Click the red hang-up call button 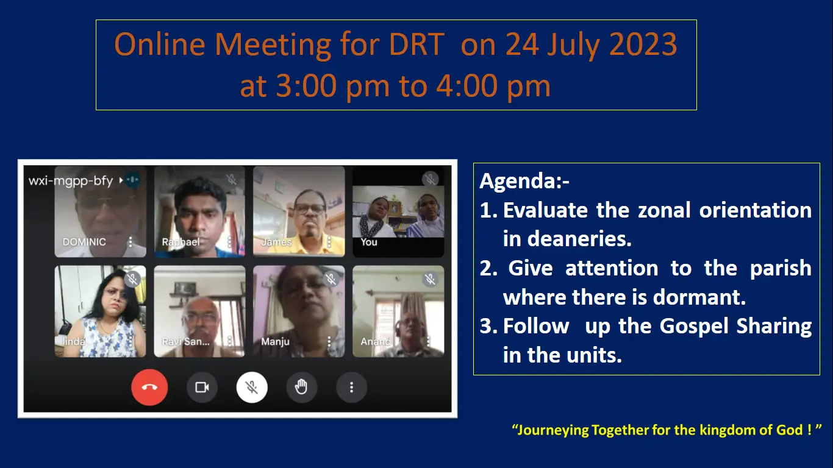pos(149,388)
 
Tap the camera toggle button pos(202,388)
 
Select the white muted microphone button pos(252,388)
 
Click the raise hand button pos(301,388)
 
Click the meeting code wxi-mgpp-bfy pos(71,180)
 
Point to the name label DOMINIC pos(84,242)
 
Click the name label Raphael pos(181,242)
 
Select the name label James pos(276,242)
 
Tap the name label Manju pos(275,341)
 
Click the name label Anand pos(376,341)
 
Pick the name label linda pos(74,341)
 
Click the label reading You pos(369,242)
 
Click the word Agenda pos(521,181)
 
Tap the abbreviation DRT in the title pos(416,44)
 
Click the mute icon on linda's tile pos(133,279)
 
